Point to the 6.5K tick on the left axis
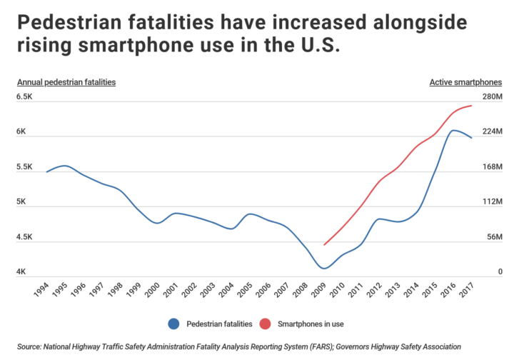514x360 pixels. pos(25,96)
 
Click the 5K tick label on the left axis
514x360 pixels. pos(22,201)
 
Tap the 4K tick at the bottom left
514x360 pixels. pos(22,272)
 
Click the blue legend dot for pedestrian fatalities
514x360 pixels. pos(174,323)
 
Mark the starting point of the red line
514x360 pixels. pos(324,245)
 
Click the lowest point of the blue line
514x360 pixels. pos(325,269)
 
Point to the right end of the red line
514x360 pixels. pos(472,106)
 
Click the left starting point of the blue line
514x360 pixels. pos(47,172)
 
